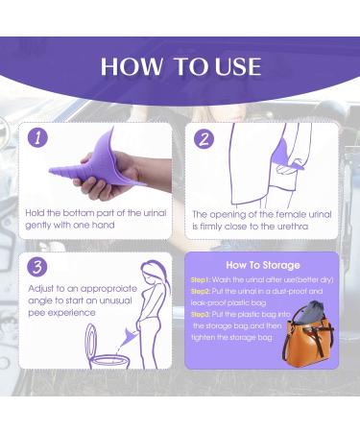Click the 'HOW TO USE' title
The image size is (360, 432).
[x=180, y=65]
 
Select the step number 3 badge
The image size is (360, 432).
[x=38, y=266]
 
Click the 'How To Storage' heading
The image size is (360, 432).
[x=262, y=265]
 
